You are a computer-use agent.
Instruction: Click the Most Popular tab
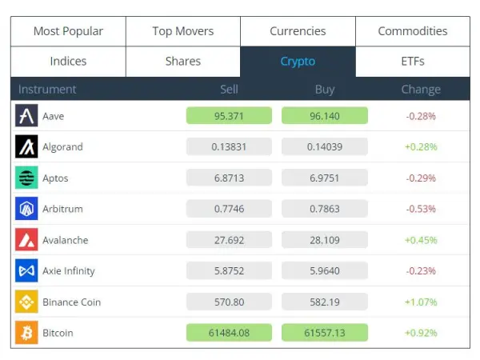pyautogui.click(x=68, y=31)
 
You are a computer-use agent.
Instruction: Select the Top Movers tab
pyautogui.click(x=183, y=31)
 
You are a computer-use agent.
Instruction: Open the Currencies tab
pyautogui.click(x=298, y=31)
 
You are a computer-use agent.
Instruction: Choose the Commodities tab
pyautogui.click(x=413, y=31)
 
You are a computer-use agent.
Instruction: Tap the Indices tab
pyautogui.click(x=68, y=61)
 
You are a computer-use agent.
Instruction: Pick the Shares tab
pyautogui.click(x=183, y=61)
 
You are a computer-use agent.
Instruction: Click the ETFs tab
pyautogui.click(x=413, y=61)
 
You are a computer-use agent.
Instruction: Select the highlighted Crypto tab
pyautogui.click(x=298, y=61)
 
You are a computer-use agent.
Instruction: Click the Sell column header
pyautogui.click(x=229, y=90)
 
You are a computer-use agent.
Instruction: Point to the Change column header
pyautogui.click(x=421, y=90)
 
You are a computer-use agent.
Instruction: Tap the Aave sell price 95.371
pyautogui.click(x=229, y=116)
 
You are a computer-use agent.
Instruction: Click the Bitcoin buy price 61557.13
pyautogui.click(x=324, y=333)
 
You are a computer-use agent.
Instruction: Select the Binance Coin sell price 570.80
pyautogui.click(x=229, y=302)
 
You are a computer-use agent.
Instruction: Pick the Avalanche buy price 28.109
pyautogui.click(x=324, y=240)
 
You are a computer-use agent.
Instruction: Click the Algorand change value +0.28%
pyautogui.click(x=421, y=147)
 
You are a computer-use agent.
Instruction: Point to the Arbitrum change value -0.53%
pyautogui.click(x=421, y=209)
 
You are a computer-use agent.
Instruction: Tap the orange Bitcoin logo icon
pyautogui.click(x=26, y=333)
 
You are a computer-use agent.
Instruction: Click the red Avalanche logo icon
pyautogui.click(x=26, y=240)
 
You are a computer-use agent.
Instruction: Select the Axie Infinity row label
pyautogui.click(x=69, y=271)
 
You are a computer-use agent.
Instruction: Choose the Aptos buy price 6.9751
pyautogui.click(x=324, y=178)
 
